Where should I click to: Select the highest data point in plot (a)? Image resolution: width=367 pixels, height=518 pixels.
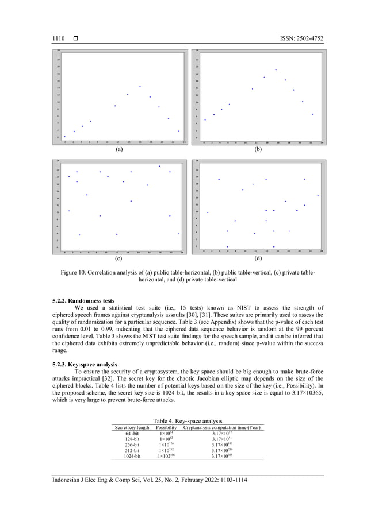click(x=140, y=87)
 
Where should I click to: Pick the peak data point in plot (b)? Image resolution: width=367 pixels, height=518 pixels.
click(x=276, y=69)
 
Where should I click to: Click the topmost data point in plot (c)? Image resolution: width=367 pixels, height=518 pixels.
click(x=159, y=166)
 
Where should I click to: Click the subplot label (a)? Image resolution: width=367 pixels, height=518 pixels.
click(x=118, y=149)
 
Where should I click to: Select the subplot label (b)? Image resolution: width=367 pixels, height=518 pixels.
click(x=257, y=149)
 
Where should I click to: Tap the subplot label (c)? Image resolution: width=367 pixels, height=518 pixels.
click(x=118, y=259)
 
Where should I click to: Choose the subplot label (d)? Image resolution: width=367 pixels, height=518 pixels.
click(x=257, y=259)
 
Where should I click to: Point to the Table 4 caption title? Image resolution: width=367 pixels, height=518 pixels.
click(x=183, y=421)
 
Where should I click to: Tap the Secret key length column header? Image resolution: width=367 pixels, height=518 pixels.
click(x=132, y=427)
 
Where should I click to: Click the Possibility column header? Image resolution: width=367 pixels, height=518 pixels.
click(x=166, y=427)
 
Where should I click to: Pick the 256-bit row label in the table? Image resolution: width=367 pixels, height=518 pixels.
click(x=132, y=444)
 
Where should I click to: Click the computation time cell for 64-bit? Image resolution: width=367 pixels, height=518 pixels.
click(x=221, y=433)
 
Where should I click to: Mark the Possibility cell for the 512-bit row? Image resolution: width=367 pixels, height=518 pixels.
click(x=166, y=450)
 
